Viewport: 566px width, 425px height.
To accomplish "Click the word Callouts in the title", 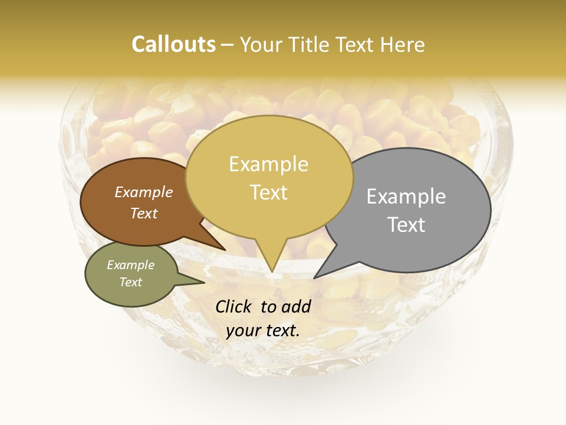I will point(173,44).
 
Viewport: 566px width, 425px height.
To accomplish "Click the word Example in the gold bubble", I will point(268,164).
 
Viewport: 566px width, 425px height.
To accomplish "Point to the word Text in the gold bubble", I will point(269,192).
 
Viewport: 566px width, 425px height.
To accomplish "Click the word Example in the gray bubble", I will point(406,197).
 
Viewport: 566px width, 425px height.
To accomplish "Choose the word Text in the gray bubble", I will point(406,225).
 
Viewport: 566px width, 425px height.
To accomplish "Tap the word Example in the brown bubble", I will point(143,192).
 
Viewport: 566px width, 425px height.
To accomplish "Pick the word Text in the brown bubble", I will point(143,213).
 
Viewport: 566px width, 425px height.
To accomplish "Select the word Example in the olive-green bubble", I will point(130,265).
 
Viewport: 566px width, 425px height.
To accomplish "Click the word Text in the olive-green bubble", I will point(130,282).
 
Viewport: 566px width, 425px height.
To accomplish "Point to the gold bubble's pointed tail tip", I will point(272,272).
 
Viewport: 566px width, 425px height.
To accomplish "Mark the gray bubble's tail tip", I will point(314,277).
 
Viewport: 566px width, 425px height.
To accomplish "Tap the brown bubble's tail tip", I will point(225,250).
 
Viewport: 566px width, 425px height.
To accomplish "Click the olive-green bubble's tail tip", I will point(205,282).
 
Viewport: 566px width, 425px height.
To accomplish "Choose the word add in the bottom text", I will point(296,306).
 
